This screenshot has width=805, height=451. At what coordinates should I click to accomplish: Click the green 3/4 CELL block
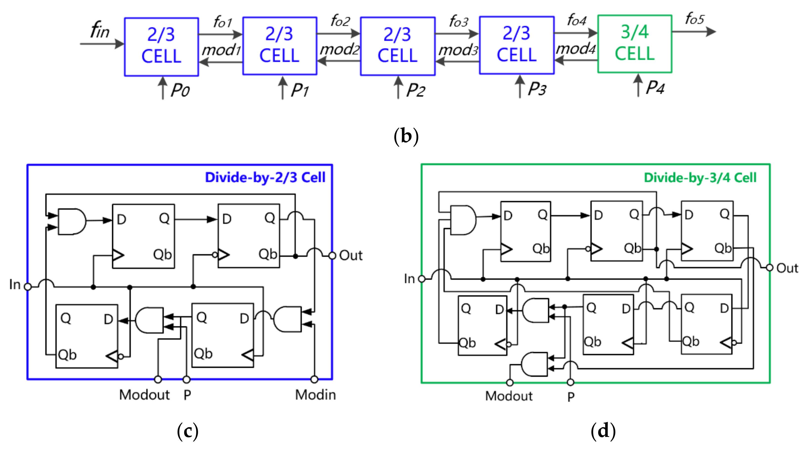[x=634, y=44]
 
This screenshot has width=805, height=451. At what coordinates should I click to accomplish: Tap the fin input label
[x=100, y=30]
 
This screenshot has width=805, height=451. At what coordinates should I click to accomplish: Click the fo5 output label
[x=694, y=19]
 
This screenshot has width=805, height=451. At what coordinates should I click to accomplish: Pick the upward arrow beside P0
[x=162, y=88]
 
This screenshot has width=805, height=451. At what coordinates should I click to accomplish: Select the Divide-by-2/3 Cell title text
[x=265, y=177]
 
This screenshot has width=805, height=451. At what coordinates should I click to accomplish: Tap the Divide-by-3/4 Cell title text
[x=700, y=178]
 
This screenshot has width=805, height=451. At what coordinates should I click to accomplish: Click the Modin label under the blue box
[x=315, y=395]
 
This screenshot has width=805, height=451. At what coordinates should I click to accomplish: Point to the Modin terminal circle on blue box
[x=314, y=379]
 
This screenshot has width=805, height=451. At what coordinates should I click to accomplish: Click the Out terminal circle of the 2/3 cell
[x=333, y=256]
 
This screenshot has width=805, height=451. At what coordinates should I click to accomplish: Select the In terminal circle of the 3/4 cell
[x=422, y=279]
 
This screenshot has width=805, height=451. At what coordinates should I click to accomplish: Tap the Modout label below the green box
[x=508, y=396]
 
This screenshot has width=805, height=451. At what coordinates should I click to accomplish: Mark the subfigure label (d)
[x=603, y=431]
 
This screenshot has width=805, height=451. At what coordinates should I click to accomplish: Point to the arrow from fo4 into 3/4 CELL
[x=576, y=33]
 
